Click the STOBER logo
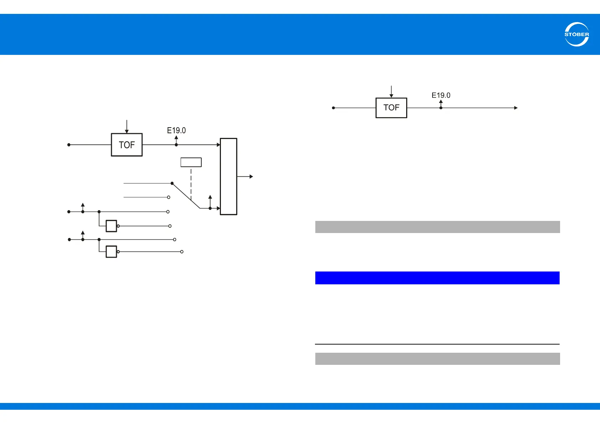[x=576, y=34]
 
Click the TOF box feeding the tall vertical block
[x=127, y=145]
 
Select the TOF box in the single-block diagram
[x=391, y=108]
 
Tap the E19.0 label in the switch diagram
[x=176, y=130]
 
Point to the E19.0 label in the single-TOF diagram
[x=441, y=95]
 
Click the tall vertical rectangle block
[x=228, y=176]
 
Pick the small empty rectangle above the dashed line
[x=191, y=162]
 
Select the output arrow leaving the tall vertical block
[x=246, y=176]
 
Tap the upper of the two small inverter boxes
[x=111, y=226]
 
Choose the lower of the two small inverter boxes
[x=111, y=252]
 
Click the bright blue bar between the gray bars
[x=437, y=278]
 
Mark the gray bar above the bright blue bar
[x=437, y=227]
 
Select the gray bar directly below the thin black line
[x=437, y=359]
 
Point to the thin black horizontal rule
[x=437, y=344]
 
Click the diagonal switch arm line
[x=186, y=196]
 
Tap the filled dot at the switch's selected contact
[x=172, y=183]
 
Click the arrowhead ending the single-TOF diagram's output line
[x=516, y=108]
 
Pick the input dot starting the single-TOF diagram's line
[x=333, y=108]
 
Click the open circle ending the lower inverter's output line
[x=182, y=252]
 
